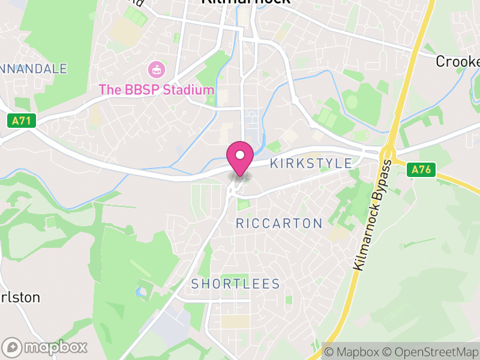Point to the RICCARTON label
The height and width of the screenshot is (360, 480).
[x=279, y=224]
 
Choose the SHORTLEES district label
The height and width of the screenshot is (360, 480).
[x=236, y=284]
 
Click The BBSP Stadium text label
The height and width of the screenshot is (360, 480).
[x=156, y=90]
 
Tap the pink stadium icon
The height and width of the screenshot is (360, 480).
[x=156, y=69]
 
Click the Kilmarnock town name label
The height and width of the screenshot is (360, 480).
[x=245, y=2]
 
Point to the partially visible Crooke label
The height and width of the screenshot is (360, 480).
[x=458, y=62]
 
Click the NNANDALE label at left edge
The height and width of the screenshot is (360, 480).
[x=34, y=69]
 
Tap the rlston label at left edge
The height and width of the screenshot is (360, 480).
[x=20, y=298]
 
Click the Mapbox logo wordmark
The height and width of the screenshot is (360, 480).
[x=55, y=347]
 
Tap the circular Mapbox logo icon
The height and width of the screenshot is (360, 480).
[x=13, y=347]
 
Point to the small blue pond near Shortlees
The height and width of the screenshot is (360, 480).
[x=140, y=293]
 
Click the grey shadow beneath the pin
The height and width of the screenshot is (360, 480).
[x=240, y=176]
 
